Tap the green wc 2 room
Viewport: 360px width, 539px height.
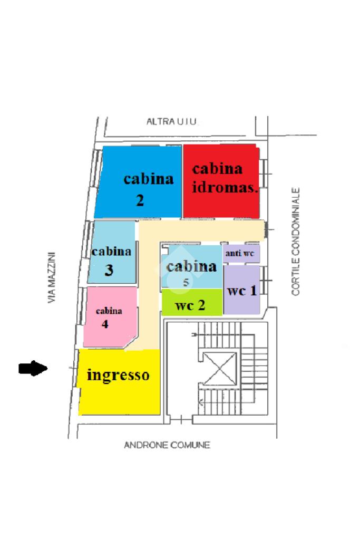point(191,304)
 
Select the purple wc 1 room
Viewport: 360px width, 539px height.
point(242,291)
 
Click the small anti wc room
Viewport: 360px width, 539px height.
point(240,254)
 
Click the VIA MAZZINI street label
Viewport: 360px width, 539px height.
point(52,277)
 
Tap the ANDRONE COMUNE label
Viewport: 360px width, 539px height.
point(167,445)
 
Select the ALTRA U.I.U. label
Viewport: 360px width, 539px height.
point(172,122)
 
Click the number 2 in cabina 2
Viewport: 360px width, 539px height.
point(140,201)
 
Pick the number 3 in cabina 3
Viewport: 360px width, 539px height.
point(109,271)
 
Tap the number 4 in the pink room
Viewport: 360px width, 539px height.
point(105,324)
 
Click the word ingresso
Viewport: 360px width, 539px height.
point(118,375)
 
